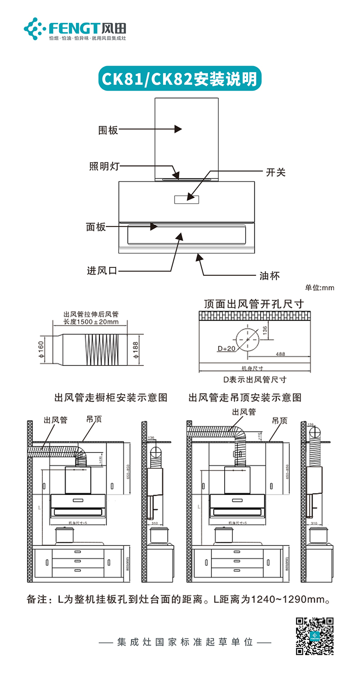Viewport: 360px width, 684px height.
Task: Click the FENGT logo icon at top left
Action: (35, 29)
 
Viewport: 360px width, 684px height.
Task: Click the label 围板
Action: (108, 130)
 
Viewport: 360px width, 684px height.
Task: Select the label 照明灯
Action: (104, 166)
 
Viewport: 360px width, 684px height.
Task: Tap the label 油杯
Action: (269, 275)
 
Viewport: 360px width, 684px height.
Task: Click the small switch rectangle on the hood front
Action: (186, 199)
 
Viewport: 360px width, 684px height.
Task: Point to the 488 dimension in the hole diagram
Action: (280, 354)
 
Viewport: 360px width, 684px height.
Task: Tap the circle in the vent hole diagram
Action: (247, 339)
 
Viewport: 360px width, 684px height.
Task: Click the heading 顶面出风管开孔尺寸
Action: (254, 303)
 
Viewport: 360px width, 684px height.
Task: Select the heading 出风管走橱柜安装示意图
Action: (111, 397)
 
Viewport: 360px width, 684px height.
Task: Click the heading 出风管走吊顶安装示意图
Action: (245, 397)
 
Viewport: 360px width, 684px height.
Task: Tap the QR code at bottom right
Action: (315, 636)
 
